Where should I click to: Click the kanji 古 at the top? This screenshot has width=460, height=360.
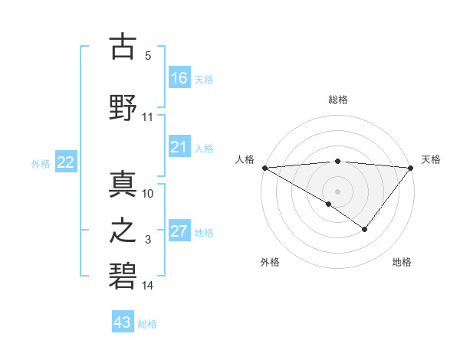[x=123, y=47]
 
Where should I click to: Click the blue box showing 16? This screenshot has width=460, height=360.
[x=179, y=78]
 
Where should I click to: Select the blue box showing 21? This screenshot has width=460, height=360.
[x=179, y=147]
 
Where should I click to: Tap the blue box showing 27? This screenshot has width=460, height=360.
[x=179, y=231]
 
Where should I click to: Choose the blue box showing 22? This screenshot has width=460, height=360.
[x=66, y=162]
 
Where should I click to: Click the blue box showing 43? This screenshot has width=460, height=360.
[x=123, y=322]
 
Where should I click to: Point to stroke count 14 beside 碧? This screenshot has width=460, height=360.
[x=148, y=286]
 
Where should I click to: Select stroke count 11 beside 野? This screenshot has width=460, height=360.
[x=148, y=117]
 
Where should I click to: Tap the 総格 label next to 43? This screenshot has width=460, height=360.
[x=147, y=324]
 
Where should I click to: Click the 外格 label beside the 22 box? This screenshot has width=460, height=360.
[x=41, y=163]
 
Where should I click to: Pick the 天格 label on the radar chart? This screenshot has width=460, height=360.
[x=432, y=159]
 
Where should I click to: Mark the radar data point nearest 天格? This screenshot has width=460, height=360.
[x=411, y=167]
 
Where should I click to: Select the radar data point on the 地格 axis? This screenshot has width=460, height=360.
[x=365, y=229]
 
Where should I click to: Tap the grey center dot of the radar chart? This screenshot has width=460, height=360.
[x=337, y=191]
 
